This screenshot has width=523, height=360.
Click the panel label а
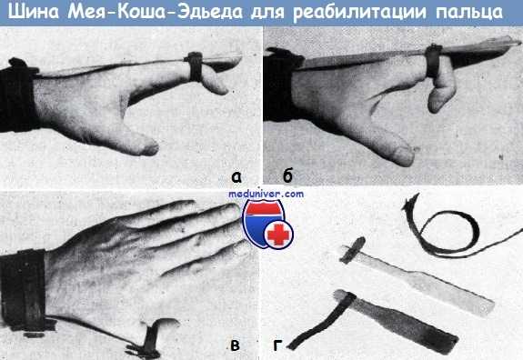coord(236,175)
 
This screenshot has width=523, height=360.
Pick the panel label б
coord(287,175)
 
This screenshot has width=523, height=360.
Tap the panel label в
coord(236,343)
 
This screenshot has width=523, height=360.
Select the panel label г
coord(278,344)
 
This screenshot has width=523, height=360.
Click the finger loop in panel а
coord(195,65)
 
